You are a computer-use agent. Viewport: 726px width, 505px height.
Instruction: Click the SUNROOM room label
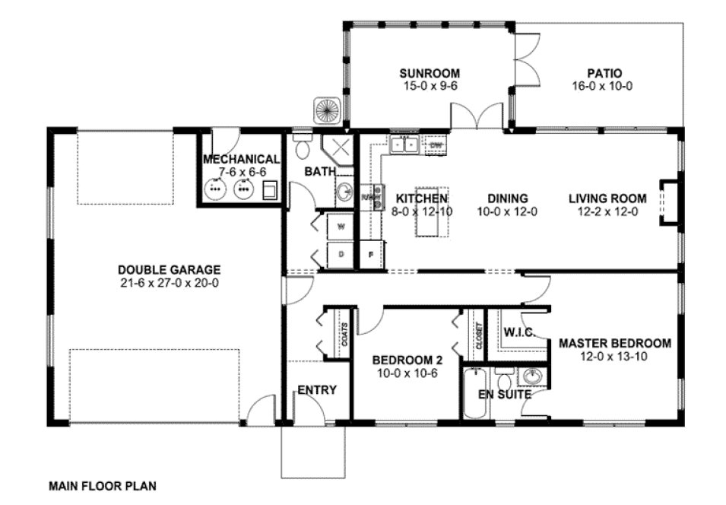coord(430,73)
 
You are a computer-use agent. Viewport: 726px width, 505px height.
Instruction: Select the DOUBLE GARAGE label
coord(169,269)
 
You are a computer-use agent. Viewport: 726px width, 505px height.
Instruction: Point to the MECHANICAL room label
coord(241,159)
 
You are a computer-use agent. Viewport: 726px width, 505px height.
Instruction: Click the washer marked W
coord(341,226)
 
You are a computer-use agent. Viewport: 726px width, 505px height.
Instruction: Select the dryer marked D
coord(341,254)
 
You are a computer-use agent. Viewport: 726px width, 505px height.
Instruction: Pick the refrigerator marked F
coord(371,254)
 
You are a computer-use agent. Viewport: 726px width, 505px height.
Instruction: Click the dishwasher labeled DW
coord(436,144)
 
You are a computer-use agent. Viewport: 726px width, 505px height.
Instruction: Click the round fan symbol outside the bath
coord(328,110)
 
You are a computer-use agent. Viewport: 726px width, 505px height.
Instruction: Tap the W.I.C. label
coord(520,332)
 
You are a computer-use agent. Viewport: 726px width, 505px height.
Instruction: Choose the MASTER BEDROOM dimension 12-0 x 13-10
coord(614,357)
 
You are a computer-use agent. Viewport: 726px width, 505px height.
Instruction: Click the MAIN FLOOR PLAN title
coord(103,484)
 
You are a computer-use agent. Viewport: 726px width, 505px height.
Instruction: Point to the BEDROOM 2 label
coord(403,360)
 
